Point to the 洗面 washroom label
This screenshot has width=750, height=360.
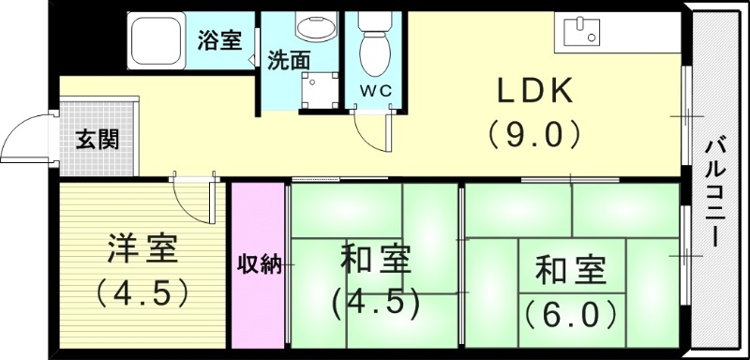pyautogui.click(x=289, y=60)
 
